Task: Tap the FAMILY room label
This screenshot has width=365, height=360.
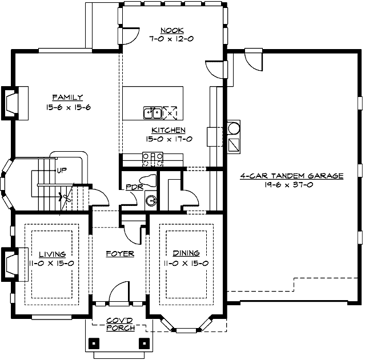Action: click(x=68, y=97)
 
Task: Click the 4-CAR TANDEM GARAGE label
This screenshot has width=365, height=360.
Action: click(x=291, y=176)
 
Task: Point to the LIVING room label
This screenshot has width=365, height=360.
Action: click(x=51, y=253)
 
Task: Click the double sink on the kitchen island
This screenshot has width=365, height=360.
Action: click(x=153, y=113)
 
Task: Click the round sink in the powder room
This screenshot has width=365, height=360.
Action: click(x=151, y=200)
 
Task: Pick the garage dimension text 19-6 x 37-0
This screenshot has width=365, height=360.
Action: click(x=291, y=185)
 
